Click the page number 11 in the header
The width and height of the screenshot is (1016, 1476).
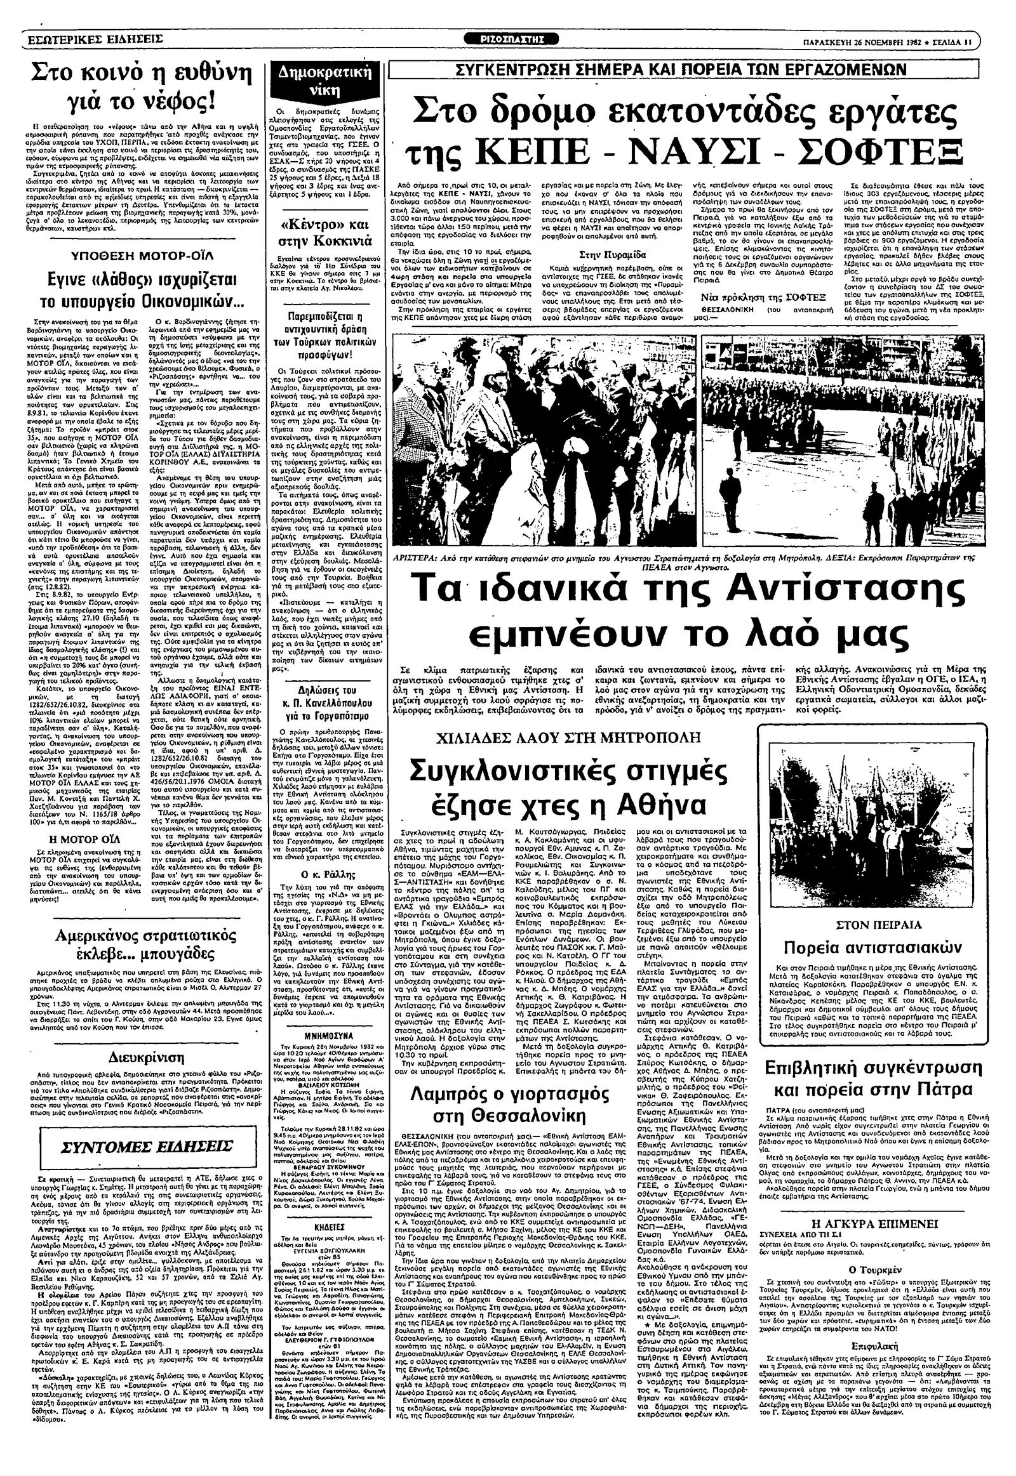[x=967, y=39]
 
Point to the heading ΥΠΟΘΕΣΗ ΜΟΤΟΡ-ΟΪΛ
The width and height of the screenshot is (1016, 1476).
[x=137, y=256]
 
